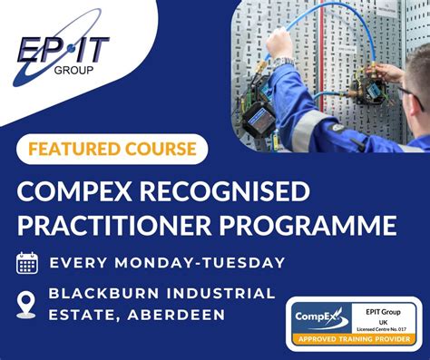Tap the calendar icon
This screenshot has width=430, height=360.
click(x=27, y=263)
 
